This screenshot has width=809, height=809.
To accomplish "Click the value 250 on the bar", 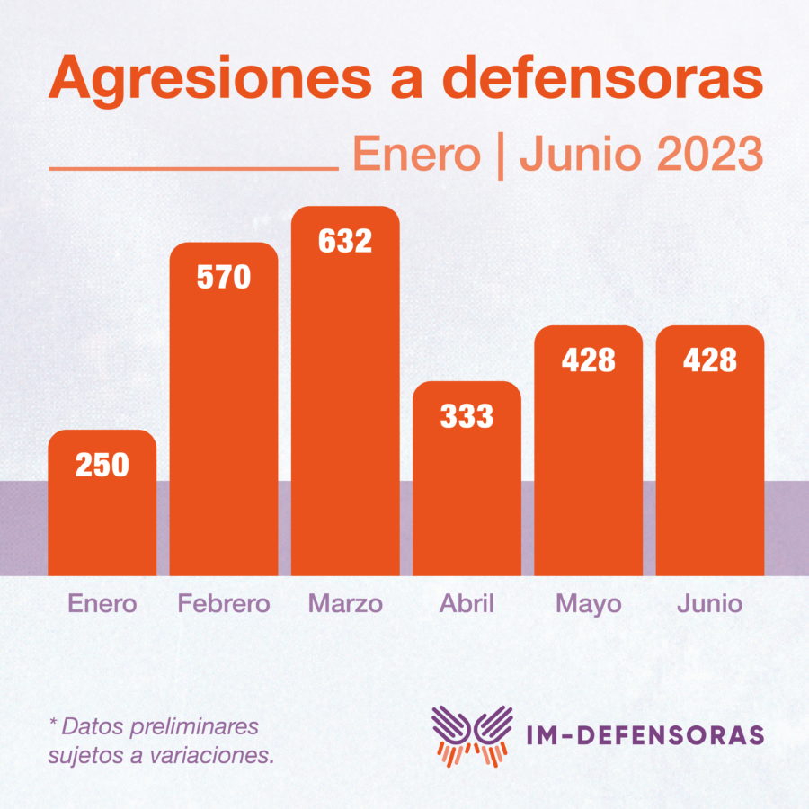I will [x=102, y=465].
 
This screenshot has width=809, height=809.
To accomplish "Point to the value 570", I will [x=223, y=277].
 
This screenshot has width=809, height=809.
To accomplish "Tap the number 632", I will [x=344, y=241].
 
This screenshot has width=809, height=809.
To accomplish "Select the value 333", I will [x=467, y=416].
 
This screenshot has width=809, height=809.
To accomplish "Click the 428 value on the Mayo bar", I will [x=588, y=360].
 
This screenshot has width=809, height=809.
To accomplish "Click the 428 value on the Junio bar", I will [x=709, y=360].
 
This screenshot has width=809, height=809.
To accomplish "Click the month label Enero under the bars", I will [x=102, y=602].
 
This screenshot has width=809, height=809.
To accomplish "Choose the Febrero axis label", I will [x=223, y=602].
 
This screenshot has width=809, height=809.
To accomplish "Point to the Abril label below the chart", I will [x=467, y=602].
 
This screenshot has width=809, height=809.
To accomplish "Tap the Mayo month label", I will [x=588, y=602].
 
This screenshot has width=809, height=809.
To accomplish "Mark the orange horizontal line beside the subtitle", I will [x=192, y=168].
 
